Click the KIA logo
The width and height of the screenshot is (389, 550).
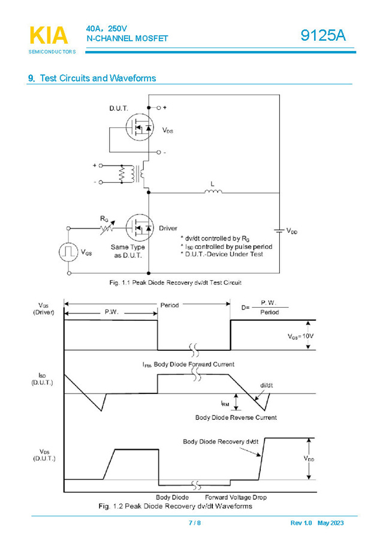point(49,36)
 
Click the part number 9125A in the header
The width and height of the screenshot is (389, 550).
point(323,35)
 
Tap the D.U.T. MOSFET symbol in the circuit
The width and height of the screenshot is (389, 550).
point(139,128)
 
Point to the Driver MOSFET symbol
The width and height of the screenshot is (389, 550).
point(139,229)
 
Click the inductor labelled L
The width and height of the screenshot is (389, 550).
point(213,192)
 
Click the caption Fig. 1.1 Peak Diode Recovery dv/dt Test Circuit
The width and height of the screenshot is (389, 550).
point(175,282)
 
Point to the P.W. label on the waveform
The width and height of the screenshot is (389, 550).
point(111,312)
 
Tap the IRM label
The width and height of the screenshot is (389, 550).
point(225,404)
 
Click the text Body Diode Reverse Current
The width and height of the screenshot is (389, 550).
point(236,417)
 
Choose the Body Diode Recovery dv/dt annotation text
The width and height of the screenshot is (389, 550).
point(220,441)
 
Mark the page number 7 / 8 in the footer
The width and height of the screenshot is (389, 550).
point(195,523)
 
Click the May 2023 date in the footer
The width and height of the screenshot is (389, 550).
point(330,523)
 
